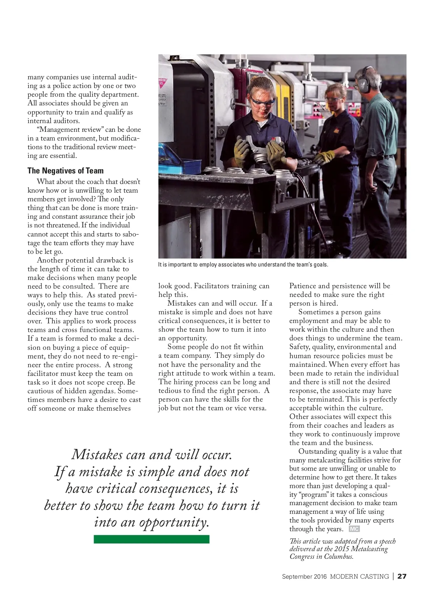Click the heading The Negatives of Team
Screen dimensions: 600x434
point(65,171)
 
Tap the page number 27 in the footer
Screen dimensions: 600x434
point(402,576)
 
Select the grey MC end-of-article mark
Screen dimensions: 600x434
point(354,529)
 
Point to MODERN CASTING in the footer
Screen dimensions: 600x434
point(359,576)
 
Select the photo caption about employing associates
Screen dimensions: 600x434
point(243,265)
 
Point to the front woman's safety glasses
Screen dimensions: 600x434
point(261,102)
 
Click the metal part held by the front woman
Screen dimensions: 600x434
point(258,151)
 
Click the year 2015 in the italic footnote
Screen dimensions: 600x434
point(341,549)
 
